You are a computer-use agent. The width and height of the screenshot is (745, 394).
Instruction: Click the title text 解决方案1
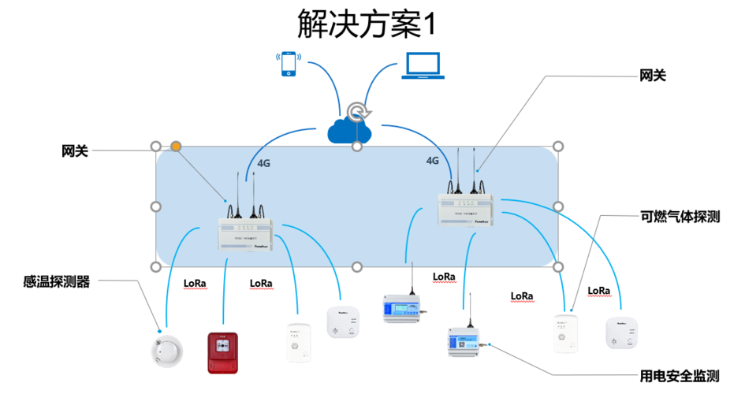pos(366,24)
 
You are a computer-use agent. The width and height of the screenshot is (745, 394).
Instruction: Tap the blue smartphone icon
pos(289,65)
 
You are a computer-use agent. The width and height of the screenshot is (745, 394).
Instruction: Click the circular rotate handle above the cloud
pos(357,110)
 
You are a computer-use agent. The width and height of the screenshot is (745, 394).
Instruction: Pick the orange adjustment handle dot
pos(177,147)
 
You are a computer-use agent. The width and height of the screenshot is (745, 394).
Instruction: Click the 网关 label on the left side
pos(75,151)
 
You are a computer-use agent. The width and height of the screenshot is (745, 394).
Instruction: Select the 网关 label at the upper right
pos(652,76)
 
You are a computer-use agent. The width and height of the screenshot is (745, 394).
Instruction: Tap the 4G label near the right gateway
pos(432,160)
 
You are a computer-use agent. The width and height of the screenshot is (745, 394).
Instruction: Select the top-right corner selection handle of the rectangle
pos(558,147)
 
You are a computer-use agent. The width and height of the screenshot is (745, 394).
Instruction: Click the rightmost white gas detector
pos(620,332)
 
